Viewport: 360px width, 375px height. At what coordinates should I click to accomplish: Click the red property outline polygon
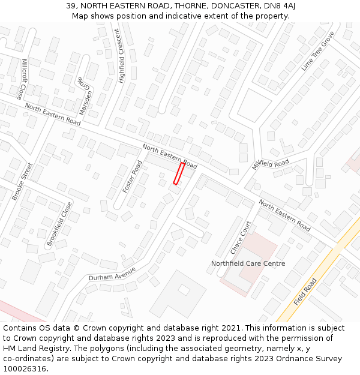click(179, 173)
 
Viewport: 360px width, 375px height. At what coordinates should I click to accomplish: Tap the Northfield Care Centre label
click(248, 263)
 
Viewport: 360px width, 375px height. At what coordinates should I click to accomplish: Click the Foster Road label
click(133, 176)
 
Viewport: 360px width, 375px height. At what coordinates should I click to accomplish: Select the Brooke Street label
click(22, 181)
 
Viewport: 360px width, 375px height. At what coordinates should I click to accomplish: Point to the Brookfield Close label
click(59, 224)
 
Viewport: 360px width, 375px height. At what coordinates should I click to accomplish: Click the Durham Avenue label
click(113, 274)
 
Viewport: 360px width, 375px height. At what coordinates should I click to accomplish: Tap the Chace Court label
click(241, 237)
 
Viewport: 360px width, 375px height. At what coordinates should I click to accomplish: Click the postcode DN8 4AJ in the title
click(280, 6)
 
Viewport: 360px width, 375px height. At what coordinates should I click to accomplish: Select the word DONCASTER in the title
click(231, 6)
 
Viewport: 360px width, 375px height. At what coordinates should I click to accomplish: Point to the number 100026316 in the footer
click(26, 369)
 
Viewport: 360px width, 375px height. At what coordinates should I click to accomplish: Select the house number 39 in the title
click(71, 6)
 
